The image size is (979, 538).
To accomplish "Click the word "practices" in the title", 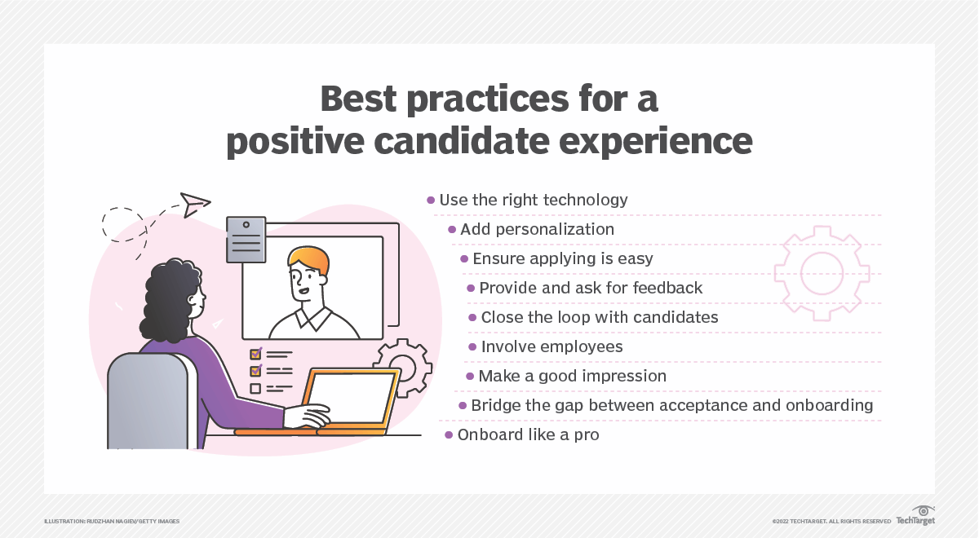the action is (487, 100).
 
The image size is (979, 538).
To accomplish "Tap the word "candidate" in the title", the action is (462, 141).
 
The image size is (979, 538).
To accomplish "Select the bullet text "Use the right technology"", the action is (534, 201).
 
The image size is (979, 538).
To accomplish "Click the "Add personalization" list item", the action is (537, 229).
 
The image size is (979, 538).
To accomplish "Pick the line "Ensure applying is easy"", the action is (563, 259).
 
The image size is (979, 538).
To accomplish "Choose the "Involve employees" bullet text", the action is (552, 346).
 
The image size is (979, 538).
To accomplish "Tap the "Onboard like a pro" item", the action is (528, 435).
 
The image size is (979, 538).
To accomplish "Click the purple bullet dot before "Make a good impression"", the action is (470, 376).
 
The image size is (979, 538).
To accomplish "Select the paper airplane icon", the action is (195, 205).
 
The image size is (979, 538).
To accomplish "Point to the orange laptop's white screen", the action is (350, 398).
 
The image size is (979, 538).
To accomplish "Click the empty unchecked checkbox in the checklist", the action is (255, 388).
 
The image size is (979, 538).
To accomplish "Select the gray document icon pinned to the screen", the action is (246, 240).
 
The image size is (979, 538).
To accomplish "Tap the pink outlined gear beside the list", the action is (822, 274).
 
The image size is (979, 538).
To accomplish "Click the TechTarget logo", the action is (915, 516).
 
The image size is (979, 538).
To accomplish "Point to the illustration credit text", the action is (112, 522).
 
